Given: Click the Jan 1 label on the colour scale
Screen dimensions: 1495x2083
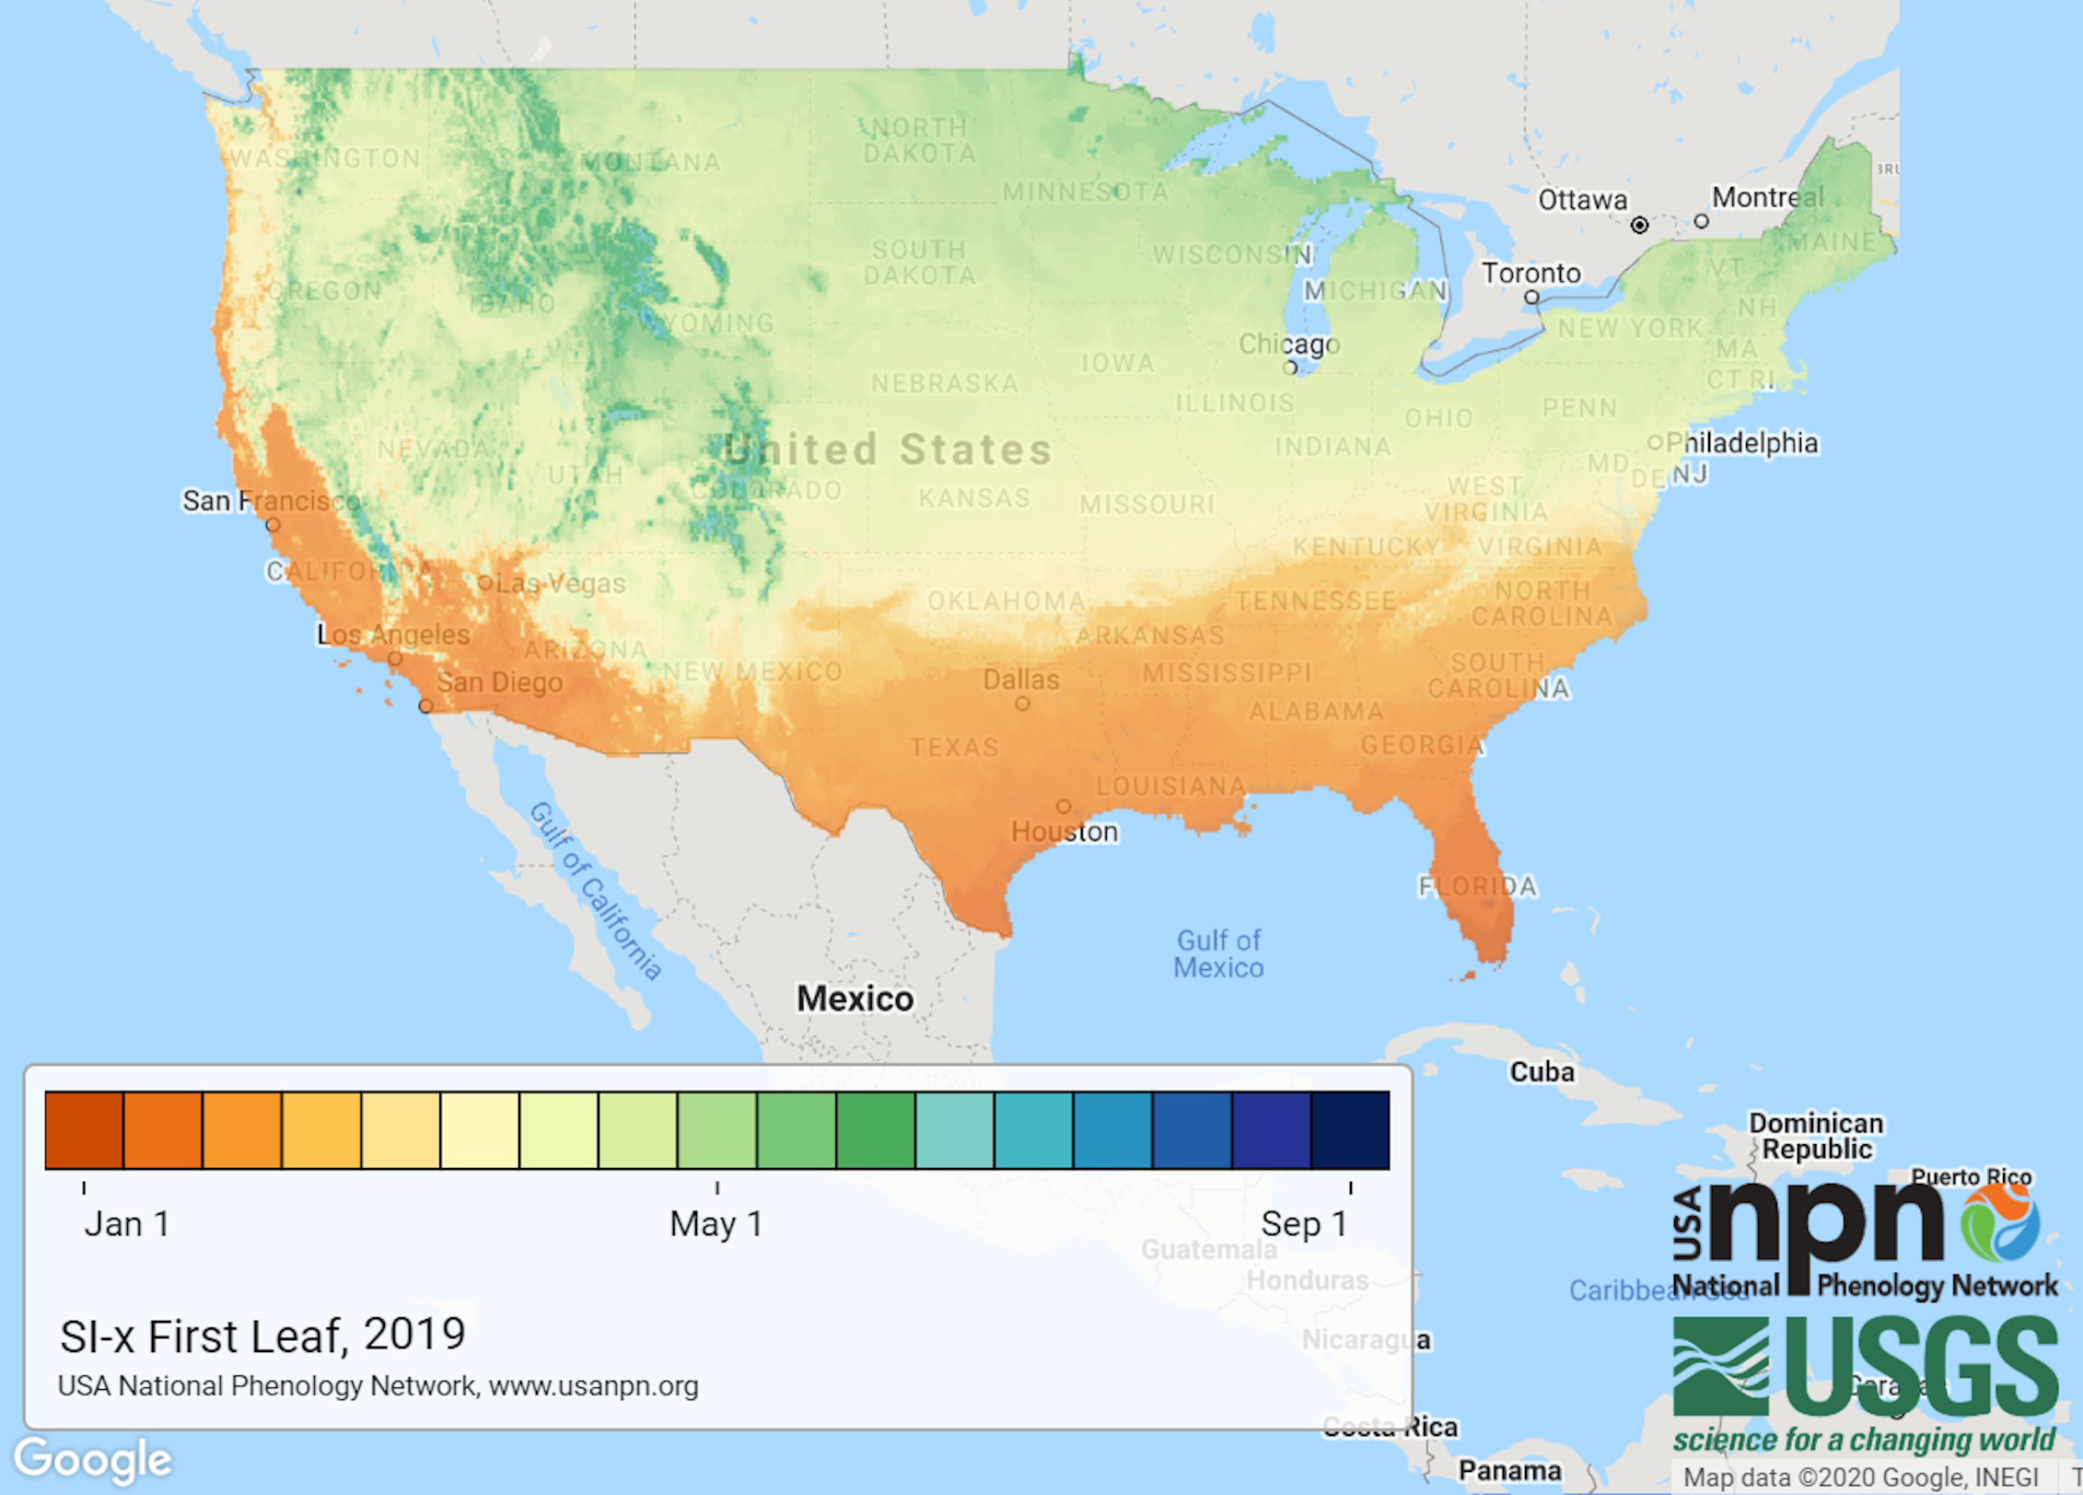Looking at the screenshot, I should click(x=127, y=1224).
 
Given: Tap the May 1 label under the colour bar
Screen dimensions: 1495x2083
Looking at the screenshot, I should click(x=716, y=1224).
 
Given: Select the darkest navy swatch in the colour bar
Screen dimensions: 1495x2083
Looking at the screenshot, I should click(x=1350, y=1130).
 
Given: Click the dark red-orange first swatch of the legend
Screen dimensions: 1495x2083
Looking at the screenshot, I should click(x=84, y=1130).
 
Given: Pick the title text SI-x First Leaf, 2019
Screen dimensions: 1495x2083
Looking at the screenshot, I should click(x=262, y=1336).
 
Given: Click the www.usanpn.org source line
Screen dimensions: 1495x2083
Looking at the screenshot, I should click(x=378, y=1385).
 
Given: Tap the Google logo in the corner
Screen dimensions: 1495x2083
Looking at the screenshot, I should click(x=93, y=1460).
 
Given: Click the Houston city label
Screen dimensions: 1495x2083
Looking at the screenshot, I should click(x=1065, y=832).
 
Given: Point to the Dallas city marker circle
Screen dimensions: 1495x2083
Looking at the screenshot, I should click(x=1022, y=704).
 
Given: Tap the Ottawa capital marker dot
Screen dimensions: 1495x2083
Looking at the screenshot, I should click(x=1639, y=225).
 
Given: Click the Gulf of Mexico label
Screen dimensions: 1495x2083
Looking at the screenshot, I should click(x=1218, y=953).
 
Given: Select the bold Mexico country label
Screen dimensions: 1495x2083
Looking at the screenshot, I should click(x=855, y=999).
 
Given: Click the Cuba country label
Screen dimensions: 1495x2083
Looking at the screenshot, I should click(x=1542, y=1072).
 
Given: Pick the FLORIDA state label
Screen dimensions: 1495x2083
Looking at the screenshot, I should click(x=1477, y=886).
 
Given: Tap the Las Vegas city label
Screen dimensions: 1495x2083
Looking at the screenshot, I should click(x=560, y=583).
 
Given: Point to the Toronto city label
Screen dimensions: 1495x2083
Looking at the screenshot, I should click(x=1530, y=273).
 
